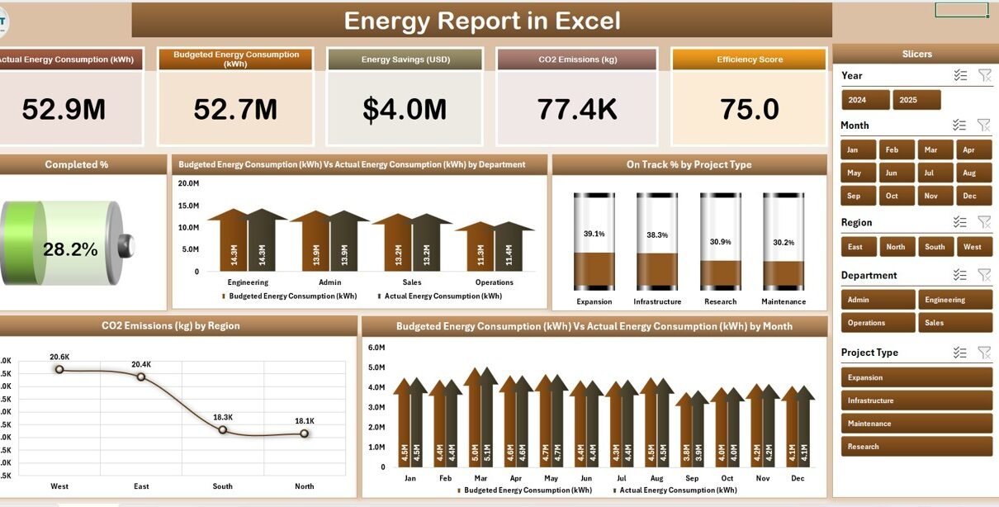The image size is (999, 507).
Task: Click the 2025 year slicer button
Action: pyautogui.click(x=916, y=100)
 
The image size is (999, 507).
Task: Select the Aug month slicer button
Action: pyautogui.click(x=968, y=173)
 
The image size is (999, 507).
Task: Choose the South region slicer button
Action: pyautogui.click(x=935, y=247)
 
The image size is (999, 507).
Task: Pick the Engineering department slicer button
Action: pyautogui.click(x=955, y=300)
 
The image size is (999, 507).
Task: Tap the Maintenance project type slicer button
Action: pyautogui.click(x=916, y=424)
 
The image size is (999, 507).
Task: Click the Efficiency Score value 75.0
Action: pyautogui.click(x=750, y=109)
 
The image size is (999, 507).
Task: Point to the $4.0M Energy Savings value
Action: pyautogui.click(x=405, y=109)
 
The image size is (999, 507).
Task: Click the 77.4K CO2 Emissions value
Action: pyautogui.click(x=576, y=109)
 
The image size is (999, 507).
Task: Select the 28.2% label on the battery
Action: pyautogui.click(x=70, y=249)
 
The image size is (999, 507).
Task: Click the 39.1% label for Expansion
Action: pyautogui.click(x=594, y=234)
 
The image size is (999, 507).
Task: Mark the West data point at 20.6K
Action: pyautogui.click(x=59, y=369)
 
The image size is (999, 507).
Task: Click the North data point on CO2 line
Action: pyautogui.click(x=305, y=433)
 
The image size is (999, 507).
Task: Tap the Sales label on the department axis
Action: pyautogui.click(x=412, y=282)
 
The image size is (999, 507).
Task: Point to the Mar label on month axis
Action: pyautogui.click(x=481, y=478)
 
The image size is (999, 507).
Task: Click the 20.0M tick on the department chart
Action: pyautogui.click(x=188, y=183)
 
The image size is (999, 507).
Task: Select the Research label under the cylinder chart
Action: pyautogui.click(x=720, y=301)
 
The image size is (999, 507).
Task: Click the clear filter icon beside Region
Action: pyautogui.click(x=984, y=222)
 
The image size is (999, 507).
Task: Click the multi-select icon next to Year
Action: pyautogui.click(x=959, y=75)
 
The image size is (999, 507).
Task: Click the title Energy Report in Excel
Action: pyautogui.click(x=481, y=21)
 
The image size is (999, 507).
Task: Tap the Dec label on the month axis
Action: pyautogui.click(x=798, y=478)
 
